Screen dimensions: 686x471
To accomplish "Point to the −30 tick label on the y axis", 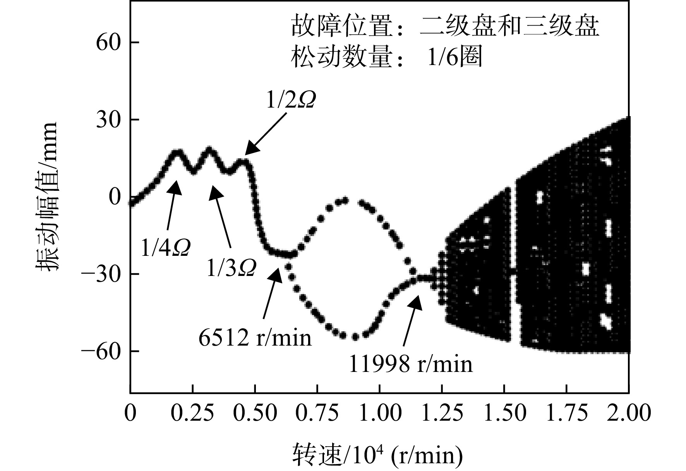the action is [x=103, y=274].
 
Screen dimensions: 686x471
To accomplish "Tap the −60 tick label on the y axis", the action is [x=103, y=351].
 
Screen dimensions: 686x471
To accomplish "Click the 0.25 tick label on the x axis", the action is [x=192, y=413].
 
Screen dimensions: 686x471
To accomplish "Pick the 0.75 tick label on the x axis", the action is [x=317, y=413].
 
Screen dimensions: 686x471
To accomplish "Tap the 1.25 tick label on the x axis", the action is [x=442, y=413].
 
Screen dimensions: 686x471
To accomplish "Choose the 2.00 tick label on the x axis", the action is [x=629, y=413].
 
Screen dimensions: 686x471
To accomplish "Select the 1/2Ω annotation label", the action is [x=291, y=101].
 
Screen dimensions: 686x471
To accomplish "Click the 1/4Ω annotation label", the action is [x=166, y=248].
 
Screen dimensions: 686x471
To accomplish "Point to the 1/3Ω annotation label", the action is [x=231, y=268].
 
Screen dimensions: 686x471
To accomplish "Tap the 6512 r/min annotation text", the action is [x=255, y=337].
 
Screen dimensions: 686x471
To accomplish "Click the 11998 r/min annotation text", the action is [x=411, y=364].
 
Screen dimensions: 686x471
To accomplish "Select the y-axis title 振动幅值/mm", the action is [x=47, y=197].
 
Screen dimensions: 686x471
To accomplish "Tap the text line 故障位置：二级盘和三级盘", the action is [x=445, y=26].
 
